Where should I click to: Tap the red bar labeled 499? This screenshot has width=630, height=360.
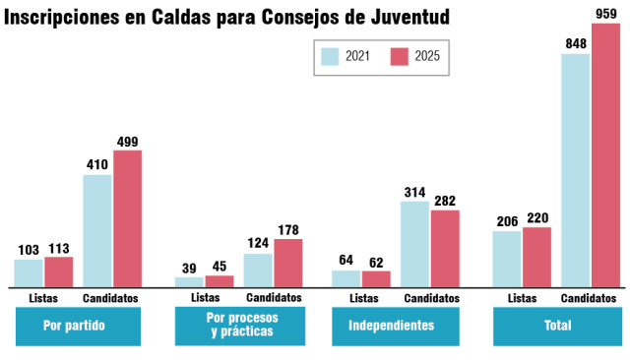[128, 218]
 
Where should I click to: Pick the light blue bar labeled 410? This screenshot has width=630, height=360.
[97, 230]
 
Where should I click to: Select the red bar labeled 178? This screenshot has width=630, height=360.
[287, 263]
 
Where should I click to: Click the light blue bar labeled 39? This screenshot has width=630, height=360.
[189, 281]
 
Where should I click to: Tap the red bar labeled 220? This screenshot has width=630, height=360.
[537, 257]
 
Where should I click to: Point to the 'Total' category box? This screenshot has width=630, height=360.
[556, 327]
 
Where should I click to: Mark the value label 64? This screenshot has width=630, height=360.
[346, 261]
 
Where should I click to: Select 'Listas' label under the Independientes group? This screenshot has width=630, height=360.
[363, 298]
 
